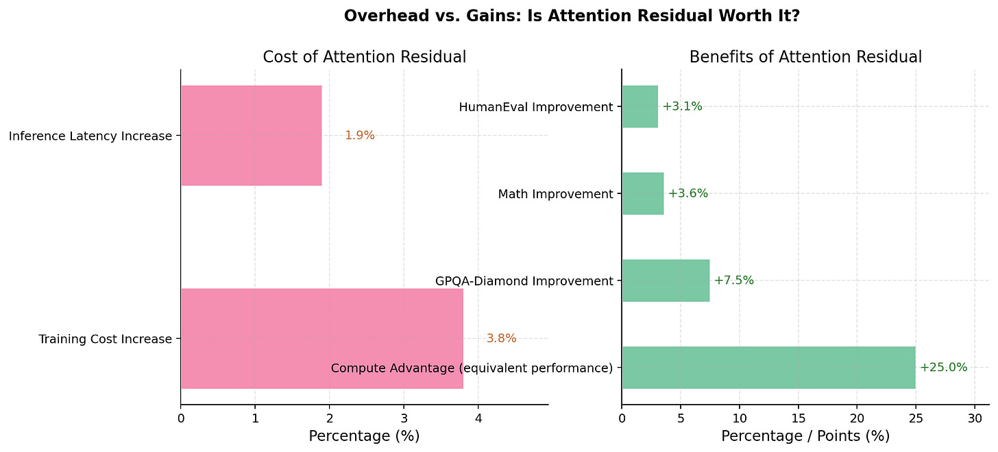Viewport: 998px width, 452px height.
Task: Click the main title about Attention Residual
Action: [572, 16]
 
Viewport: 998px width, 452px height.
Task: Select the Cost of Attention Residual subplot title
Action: [364, 58]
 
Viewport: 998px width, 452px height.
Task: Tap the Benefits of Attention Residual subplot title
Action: [805, 58]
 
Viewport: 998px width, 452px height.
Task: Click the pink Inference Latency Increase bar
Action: [251, 136]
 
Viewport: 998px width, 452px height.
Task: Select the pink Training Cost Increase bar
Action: [321, 339]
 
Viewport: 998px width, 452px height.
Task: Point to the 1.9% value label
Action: [359, 136]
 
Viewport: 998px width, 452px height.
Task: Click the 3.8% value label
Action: [501, 338]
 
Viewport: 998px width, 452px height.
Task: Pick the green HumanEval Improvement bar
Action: [640, 106]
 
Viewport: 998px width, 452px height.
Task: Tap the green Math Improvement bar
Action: [642, 193]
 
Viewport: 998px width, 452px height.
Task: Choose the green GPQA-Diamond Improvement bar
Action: [666, 281]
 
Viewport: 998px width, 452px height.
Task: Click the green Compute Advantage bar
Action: [768, 368]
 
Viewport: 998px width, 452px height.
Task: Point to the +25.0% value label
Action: [943, 368]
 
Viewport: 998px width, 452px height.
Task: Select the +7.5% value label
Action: [733, 281]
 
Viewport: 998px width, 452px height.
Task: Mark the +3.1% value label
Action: [682, 106]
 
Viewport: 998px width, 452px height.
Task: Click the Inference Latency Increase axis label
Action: [90, 136]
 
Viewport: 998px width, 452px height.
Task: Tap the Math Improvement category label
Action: [555, 194]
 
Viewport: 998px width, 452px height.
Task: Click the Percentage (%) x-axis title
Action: [364, 436]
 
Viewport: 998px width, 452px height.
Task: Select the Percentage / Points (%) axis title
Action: [805, 436]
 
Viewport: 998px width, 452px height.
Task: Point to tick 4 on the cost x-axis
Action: [478, 417]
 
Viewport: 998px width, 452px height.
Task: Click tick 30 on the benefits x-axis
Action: [974, 417]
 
